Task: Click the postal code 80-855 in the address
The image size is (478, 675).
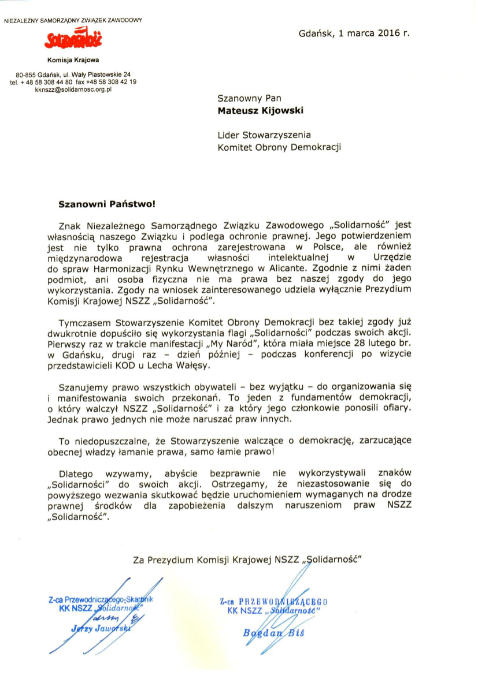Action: click(27, 74)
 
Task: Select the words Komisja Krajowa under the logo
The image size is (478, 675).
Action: click(73, 59)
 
